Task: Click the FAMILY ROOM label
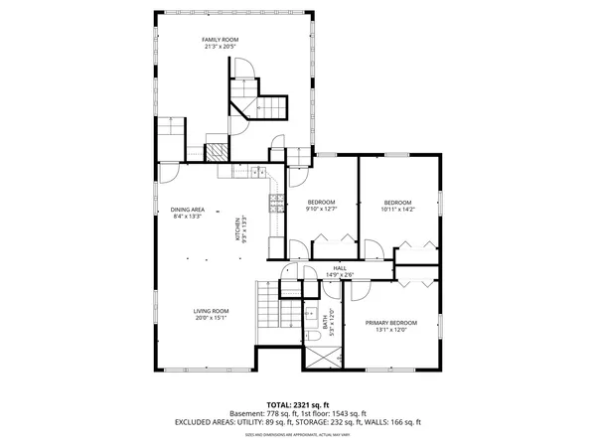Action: (221, 40)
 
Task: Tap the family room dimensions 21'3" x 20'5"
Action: (221, 47)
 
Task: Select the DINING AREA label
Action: (187, 209)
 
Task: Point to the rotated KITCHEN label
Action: (236, 230)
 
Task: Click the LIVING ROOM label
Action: (211, 311)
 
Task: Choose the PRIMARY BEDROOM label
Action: (390, 323)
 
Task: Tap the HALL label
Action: (340, 268)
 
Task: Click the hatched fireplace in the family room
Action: (216, 151)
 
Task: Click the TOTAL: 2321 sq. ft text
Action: (297, 405)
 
